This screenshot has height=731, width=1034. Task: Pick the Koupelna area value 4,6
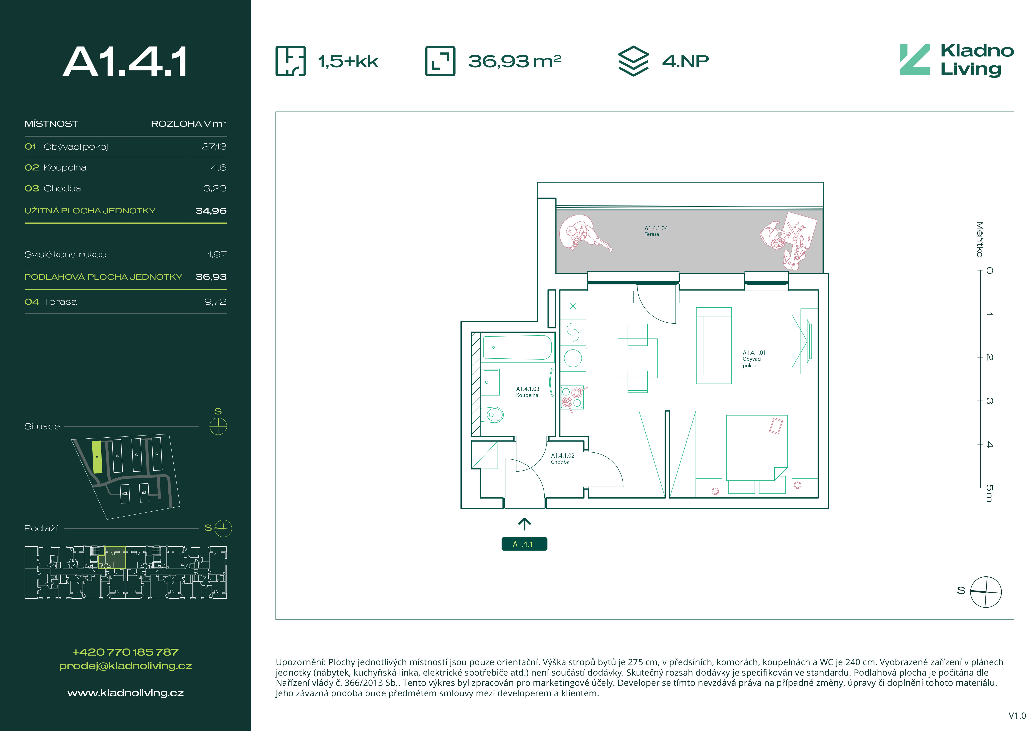[x=218, y=168]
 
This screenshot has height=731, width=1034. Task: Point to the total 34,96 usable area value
[x=211, y=211]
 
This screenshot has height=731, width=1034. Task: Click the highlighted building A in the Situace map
[x=97, y=457]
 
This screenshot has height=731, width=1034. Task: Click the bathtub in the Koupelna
[x=517, y=347]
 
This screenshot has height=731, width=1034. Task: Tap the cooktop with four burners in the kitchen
[x=572, y=397]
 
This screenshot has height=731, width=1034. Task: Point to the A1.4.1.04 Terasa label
[x=656, y=231]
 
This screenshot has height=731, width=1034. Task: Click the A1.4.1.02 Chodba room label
[x=563, y=459]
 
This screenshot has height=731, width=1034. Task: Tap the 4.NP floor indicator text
[x=685, y=61]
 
